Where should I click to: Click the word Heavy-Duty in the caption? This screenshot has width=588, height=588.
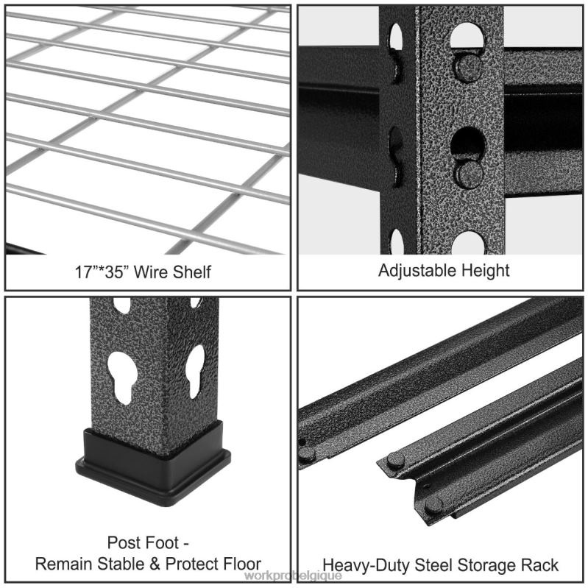coord(360,565)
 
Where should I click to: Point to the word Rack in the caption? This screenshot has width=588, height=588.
coord(541,565)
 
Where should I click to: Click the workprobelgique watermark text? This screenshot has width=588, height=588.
coord(292,576)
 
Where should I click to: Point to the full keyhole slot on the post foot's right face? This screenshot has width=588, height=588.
coord(195,371)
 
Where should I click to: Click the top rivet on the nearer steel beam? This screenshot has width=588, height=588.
coord(396,461)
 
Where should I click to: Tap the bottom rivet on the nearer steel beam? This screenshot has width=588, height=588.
coord(433,504)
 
